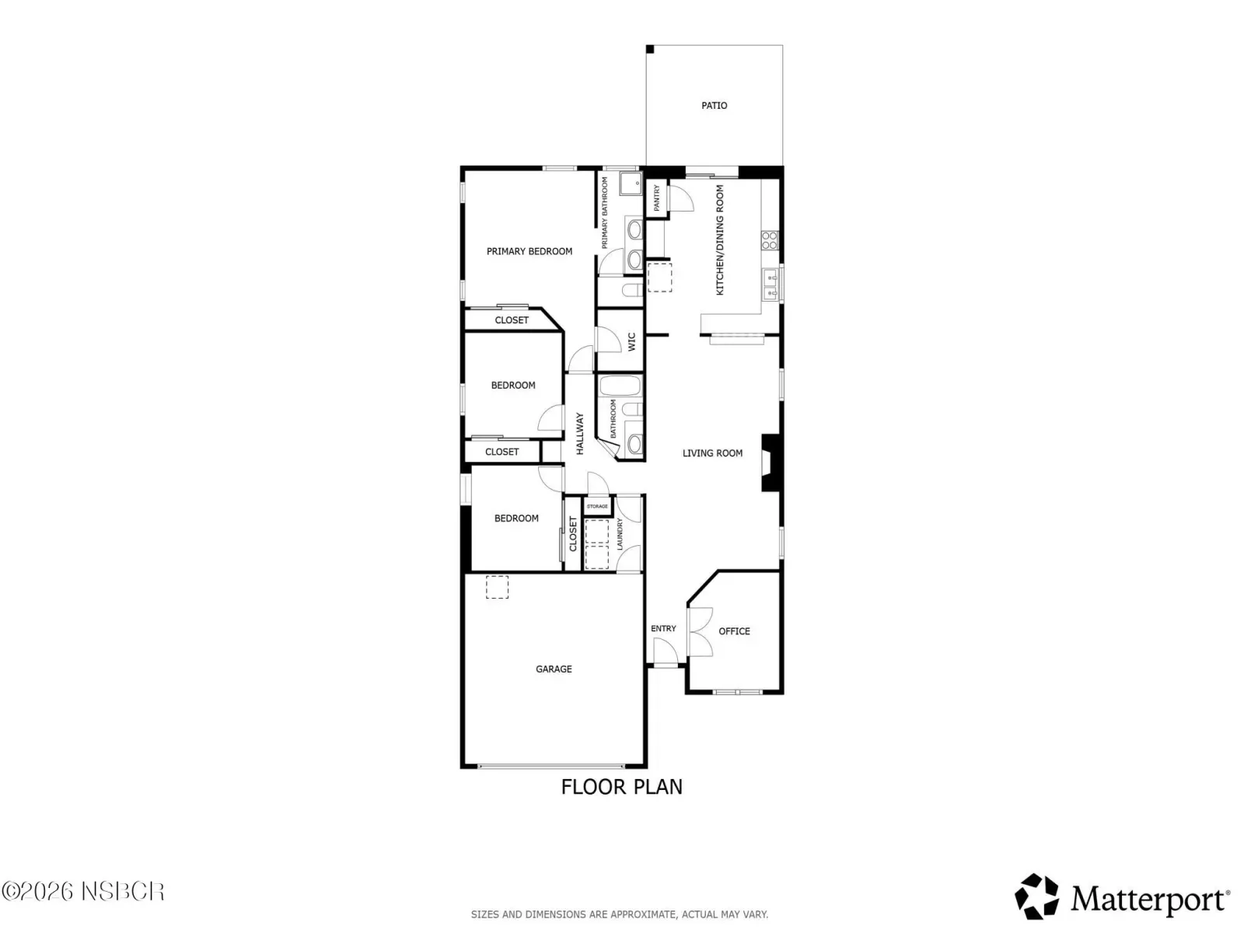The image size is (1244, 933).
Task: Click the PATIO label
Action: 714,106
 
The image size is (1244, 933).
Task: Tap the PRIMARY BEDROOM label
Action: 529,251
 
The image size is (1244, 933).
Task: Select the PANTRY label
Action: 657,198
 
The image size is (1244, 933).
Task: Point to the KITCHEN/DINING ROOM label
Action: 720,239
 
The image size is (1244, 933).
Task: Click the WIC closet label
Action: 632,341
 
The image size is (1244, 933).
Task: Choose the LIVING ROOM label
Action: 712,453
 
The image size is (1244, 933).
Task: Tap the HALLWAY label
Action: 580,433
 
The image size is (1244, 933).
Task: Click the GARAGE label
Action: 554,669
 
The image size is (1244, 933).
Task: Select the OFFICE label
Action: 734,631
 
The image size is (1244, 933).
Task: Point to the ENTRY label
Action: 663,628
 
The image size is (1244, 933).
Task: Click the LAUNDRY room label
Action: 620,533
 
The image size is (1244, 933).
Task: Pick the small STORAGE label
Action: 597,506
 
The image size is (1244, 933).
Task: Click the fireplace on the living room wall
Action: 771,463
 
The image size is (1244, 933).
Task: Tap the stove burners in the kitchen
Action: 770,240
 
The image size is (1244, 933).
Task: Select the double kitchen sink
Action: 771,285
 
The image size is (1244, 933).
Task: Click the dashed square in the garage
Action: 497,587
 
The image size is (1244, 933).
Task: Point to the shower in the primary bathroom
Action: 631,184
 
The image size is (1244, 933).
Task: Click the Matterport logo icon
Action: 1036,896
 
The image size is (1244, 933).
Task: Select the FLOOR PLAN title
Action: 622,787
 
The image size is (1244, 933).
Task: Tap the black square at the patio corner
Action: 650,49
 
